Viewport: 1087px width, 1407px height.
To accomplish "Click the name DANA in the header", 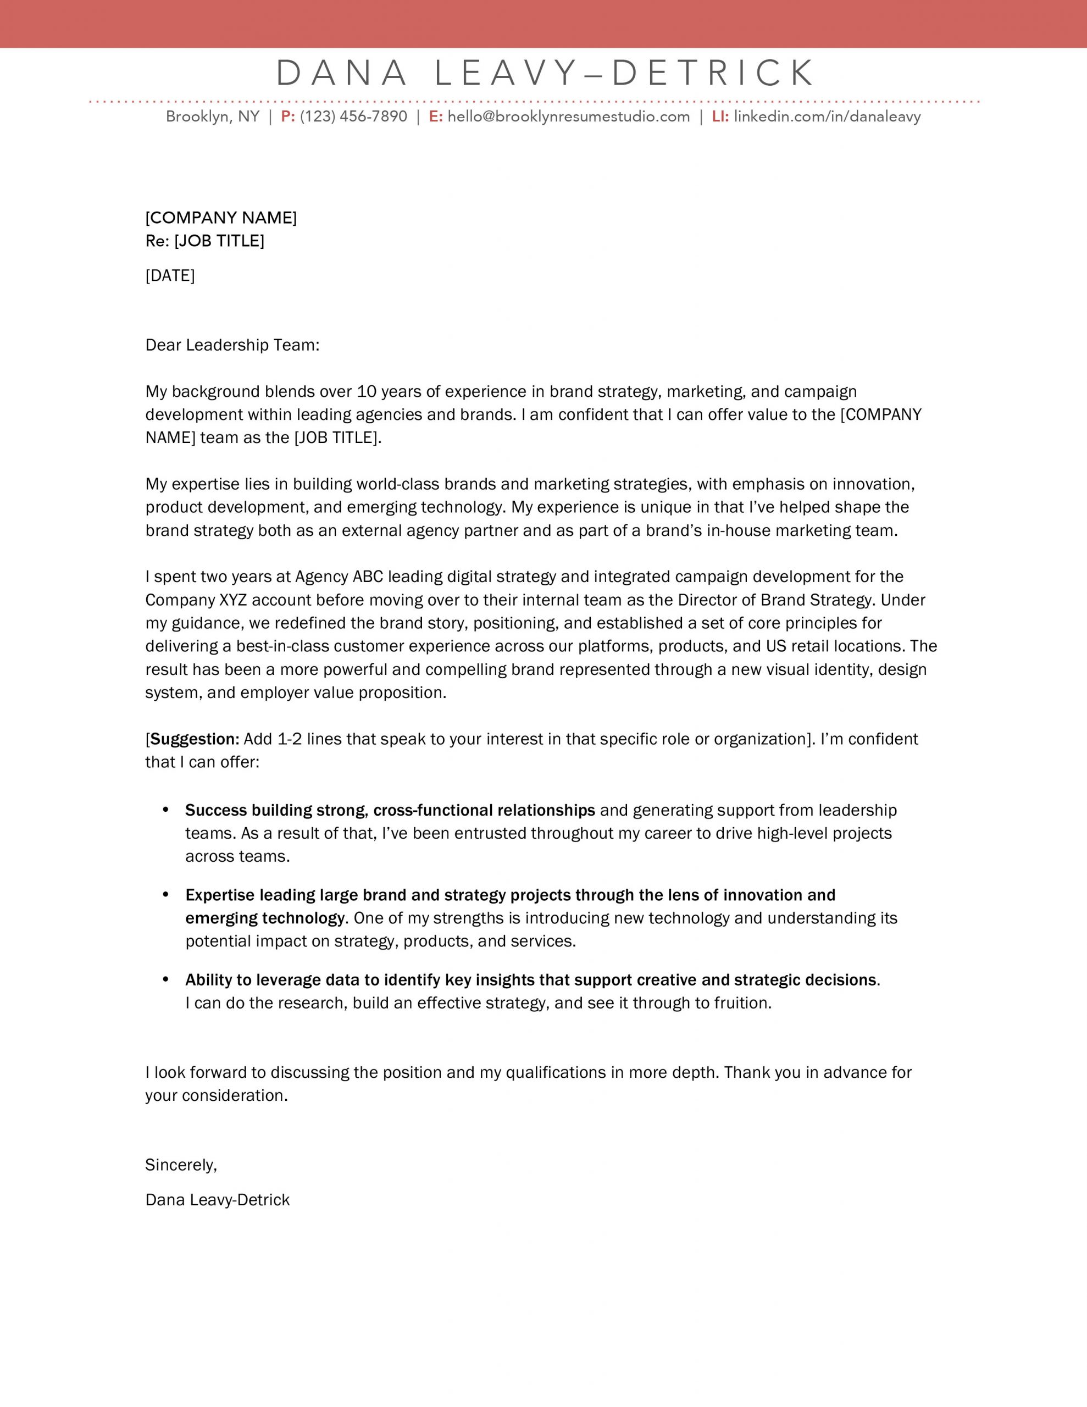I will (x=341, y=73).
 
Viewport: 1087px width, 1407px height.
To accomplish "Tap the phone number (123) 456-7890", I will (x=354, y=117).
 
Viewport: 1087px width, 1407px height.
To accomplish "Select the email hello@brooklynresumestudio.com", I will (x=568, y=117).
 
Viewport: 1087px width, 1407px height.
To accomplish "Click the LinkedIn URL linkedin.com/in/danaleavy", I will (x=827, y=117).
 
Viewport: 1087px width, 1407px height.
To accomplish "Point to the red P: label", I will (x=288, y=117).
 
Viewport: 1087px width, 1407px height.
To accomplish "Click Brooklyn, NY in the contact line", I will (x=213, y=117).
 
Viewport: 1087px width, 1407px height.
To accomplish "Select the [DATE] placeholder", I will (x=170, y=276).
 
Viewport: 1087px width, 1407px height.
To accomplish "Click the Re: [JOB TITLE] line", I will (x=205, y=241).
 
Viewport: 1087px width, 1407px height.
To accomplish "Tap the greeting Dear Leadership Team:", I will (x=232, y=345).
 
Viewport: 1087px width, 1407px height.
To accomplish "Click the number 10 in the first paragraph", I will (x=365, y=392).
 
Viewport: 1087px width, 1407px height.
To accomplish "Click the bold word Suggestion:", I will (x=195, y=739).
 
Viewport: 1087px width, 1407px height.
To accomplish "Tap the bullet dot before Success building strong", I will (x=167, y=809).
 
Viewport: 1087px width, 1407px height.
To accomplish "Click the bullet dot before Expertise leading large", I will (x=167, y=894).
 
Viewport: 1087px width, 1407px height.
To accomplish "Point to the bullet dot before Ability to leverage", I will (x=167, y=979).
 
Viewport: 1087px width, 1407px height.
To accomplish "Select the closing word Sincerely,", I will (x=181, y=1165).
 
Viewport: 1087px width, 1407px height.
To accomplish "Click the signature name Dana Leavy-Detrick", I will (x=218, y=1200).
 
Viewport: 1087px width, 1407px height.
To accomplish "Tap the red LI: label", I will (x=720, y=117).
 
